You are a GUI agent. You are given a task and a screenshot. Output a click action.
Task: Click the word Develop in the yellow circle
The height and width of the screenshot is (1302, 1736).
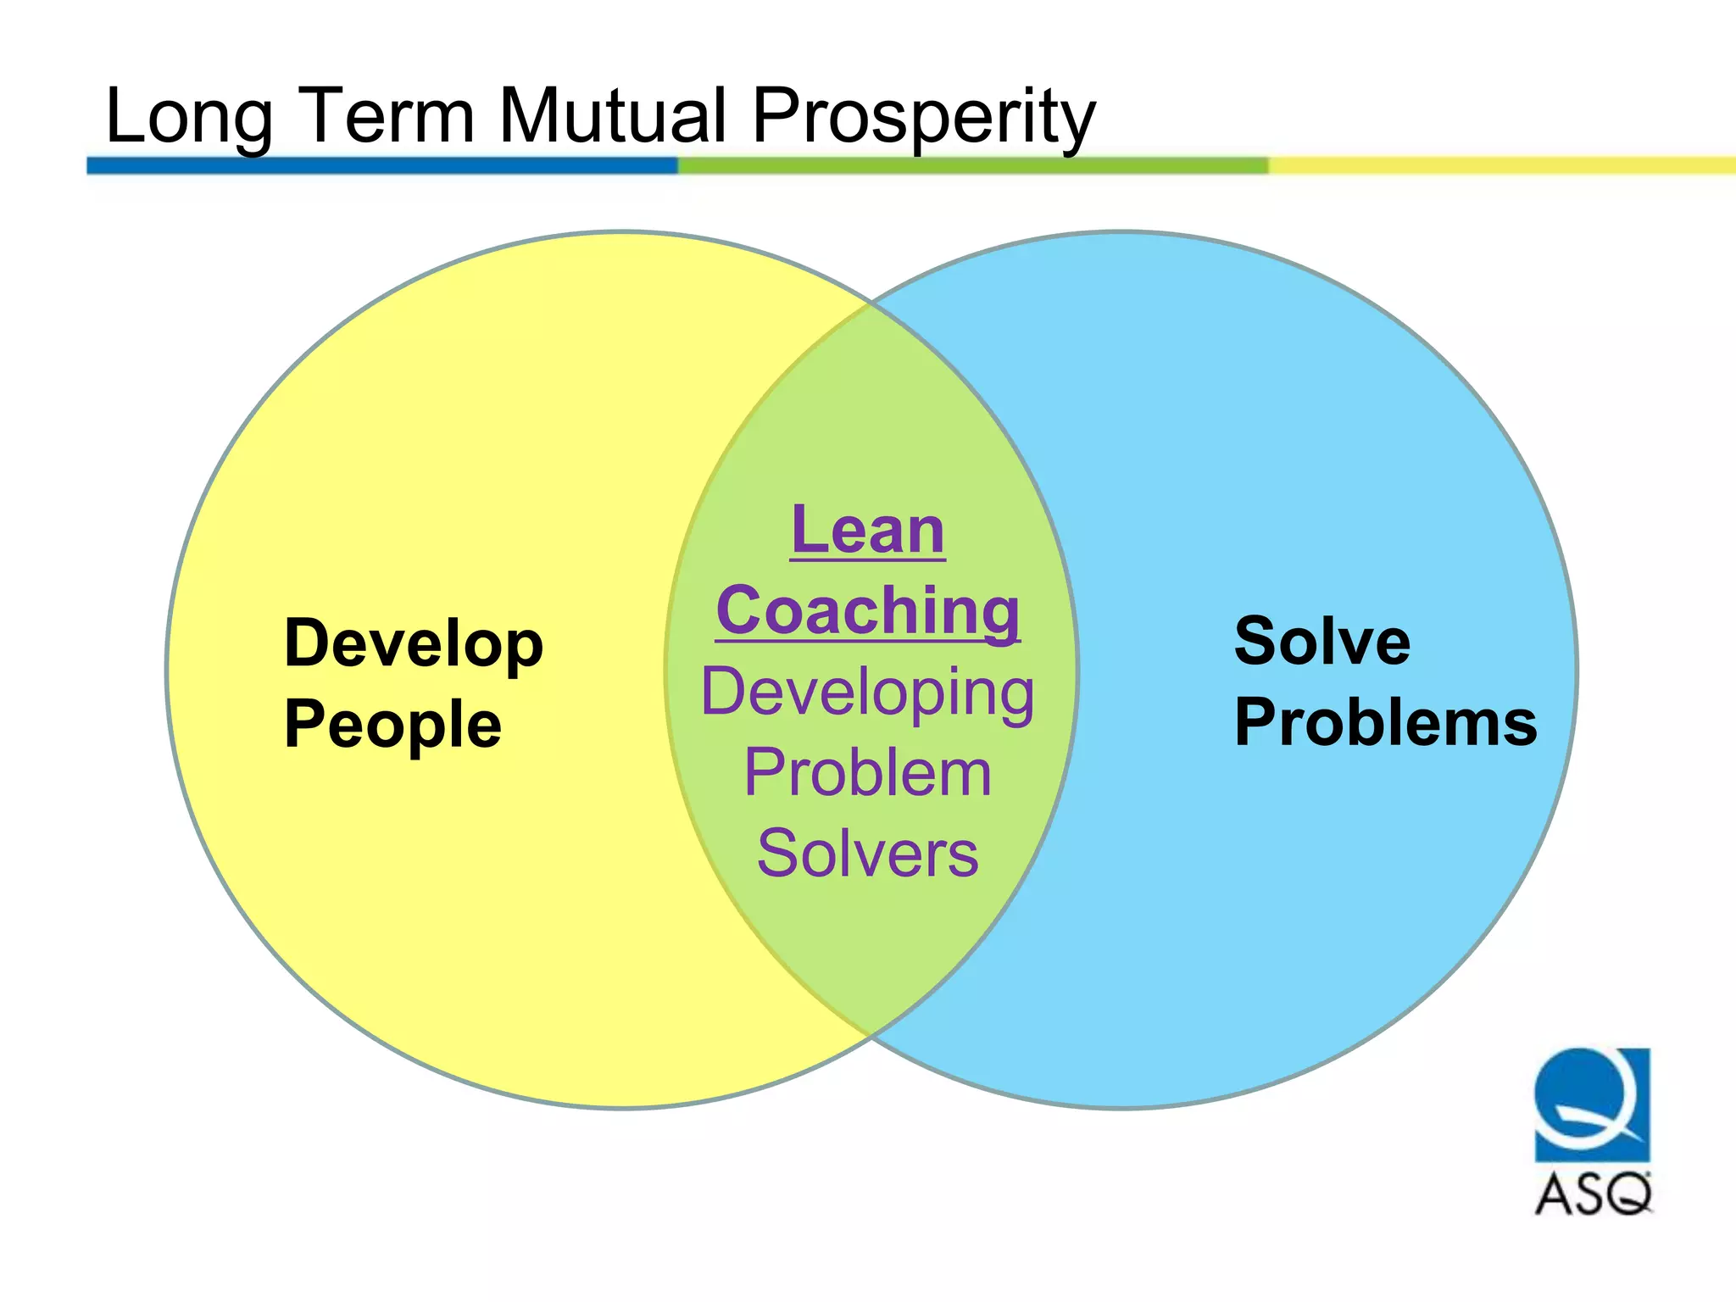pyautogui.click(x=414, y=644)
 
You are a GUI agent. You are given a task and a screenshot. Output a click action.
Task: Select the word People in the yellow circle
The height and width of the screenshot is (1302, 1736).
pyautogui.click(x=393, y=725)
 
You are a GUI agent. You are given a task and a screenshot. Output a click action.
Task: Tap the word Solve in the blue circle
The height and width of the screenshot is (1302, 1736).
pyautogui.click(x=1322, y=641)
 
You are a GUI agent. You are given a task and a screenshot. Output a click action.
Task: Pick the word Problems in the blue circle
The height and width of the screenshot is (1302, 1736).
pyautogui.click(x=1385, y=722)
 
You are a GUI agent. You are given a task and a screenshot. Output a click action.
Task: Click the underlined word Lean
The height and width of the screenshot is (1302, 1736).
pyautogui.click(x=868, y=531)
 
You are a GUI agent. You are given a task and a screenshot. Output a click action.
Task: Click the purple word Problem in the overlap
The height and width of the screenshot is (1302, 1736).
pyautogui.click(x=868, y=773)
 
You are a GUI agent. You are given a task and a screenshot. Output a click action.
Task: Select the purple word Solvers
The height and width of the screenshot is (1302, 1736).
pyautogui.click(x=868, y=853)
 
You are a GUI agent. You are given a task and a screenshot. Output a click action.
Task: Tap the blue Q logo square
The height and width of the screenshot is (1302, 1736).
pyautogui.click(x=1592, y=1104)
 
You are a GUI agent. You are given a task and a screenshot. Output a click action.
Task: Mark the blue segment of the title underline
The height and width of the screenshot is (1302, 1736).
pyautogui.click(x=381, y=165)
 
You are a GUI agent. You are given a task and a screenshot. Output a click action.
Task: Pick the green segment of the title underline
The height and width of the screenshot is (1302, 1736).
pyautogui.click(x=973, y=165)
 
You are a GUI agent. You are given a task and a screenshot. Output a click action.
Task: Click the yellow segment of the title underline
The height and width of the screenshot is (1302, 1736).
pyautogui.click(x=1500, y=165)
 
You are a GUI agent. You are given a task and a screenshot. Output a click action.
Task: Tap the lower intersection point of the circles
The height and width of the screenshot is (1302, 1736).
pyautogui.click(x=871, y=1036)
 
